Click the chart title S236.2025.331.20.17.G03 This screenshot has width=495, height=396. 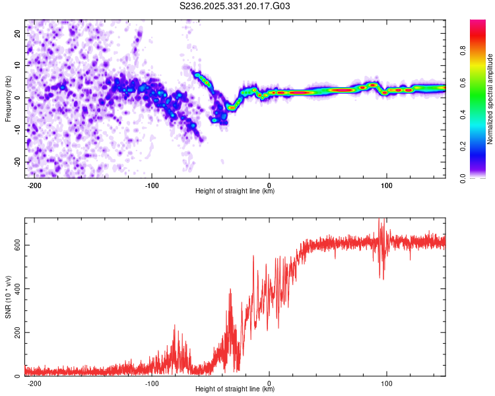236,7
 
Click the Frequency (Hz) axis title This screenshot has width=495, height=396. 8,99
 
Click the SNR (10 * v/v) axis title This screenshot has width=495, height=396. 8,297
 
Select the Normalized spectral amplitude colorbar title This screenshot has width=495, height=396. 490,99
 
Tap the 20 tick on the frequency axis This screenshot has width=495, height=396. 18,33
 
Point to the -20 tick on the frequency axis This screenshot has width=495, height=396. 16,162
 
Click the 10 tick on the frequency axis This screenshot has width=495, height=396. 18,65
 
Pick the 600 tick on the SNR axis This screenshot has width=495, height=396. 15,245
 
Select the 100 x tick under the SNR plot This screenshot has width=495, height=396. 387,383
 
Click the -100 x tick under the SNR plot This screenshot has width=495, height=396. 152,383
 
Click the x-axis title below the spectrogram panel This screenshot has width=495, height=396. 235,191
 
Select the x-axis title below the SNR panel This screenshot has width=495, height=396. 235,389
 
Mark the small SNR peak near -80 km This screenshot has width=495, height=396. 176,325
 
